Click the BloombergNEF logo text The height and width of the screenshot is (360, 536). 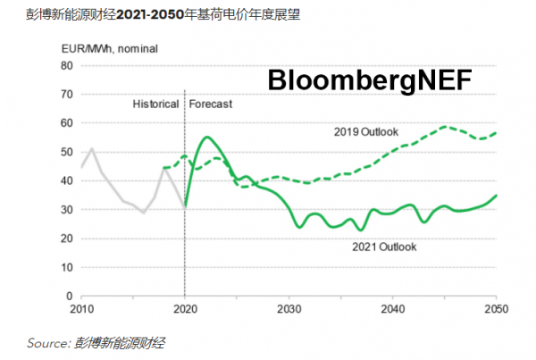pyautogui.click(x=375, y=82)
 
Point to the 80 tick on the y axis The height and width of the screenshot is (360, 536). pyautogui.click(x=63, y=65)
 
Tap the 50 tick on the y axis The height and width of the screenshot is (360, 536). pyautogui.click(x=63, y=152)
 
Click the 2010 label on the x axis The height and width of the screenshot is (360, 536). pyautogui.click(x=81, y=310)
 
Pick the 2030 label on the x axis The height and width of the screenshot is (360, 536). pyautogui.click(x=287, y=310)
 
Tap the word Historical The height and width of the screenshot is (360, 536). pyautogui.click(x=155, y=105)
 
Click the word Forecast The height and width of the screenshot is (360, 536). pyautogui.click(x=211, y=105)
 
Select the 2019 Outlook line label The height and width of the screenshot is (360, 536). pyautogui.click(x=360, y=132)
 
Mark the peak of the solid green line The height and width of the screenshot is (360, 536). pyautogui.click(x=206, y=137)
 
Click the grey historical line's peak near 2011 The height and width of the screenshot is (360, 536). pyautogui.click(x=91, y=149)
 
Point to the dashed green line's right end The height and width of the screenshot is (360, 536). pyautogui.click(x=496, y=133)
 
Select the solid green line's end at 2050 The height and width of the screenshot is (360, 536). pyautogui.click(x=496, y=195)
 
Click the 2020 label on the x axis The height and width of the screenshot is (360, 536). pyautogui.click(x=184, y=310)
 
